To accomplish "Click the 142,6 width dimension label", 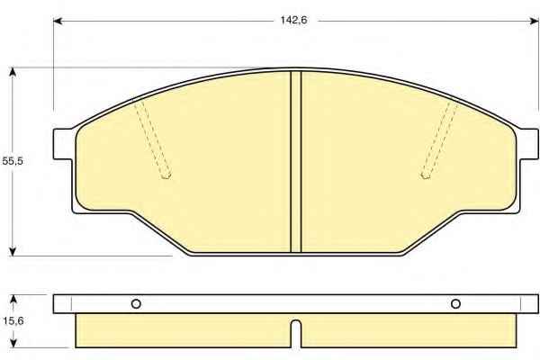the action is click(293, 21).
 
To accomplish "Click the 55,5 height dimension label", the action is click(13, 161).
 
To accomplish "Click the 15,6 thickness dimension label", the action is click(13, 321).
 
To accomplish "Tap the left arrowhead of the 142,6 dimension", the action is click(58, 21).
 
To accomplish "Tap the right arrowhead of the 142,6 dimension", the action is click(534, 21).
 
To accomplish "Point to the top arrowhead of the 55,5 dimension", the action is click(13, 72).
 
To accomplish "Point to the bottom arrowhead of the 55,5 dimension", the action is click(13, 252).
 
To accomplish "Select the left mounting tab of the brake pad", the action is click(63, 144).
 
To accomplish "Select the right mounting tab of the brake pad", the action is click(528, 144).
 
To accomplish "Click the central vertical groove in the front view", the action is click(296, 162).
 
